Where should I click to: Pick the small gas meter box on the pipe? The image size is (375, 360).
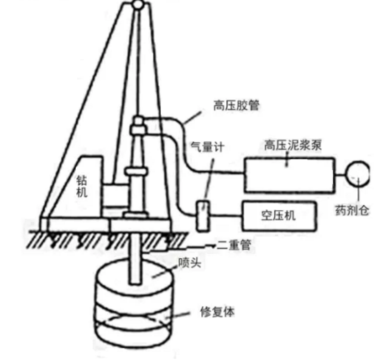201,214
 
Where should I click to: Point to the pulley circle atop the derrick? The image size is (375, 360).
138,5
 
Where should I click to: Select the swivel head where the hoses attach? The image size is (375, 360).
138,125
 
